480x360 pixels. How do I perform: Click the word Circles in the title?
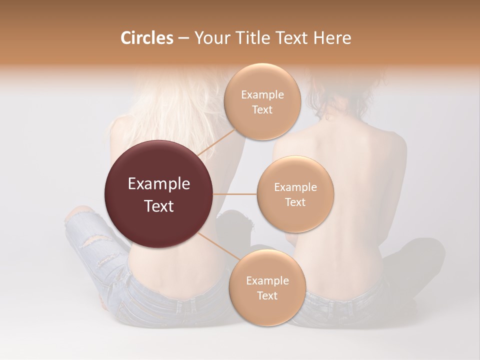pyautogui.click(x=147, y=38)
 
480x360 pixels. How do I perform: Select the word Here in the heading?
pyautogui.click(x=331, y=38)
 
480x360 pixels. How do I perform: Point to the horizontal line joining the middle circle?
pyautogui.click(x=235, y=194)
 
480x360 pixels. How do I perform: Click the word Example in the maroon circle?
pyautogui.click(x=159, y=184)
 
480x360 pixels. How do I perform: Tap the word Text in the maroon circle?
pyautogui.click(x=159, y=206)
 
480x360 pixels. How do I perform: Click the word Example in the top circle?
pyautogui.click(x=262, y=95)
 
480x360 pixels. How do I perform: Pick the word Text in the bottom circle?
pyautogui.click(x=267, y=295)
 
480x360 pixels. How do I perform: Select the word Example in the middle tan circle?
pyautogui.click(x=295, y=187)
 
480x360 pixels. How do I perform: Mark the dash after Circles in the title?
pyautogui.click(x=183, y=38)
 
